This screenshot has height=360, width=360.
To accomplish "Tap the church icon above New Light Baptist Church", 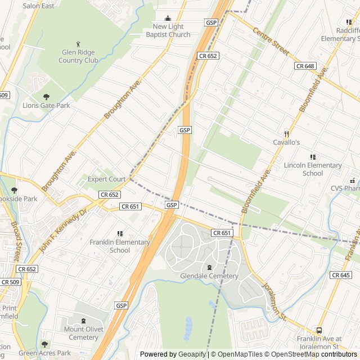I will (168, 19).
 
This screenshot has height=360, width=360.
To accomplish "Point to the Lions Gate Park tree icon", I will (46, 96).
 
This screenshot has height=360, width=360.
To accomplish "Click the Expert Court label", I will (106, 179).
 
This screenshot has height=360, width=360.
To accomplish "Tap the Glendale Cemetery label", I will (209, 276).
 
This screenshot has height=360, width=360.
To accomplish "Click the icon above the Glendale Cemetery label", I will (209, 267).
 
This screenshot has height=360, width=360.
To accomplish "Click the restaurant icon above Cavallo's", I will (286, 134).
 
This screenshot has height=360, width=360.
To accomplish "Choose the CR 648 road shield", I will (305, 66).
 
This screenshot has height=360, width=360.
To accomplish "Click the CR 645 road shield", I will (341, 275).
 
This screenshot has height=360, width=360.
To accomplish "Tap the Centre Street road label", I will (270, 42).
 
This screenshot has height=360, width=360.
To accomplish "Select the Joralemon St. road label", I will (275, 302).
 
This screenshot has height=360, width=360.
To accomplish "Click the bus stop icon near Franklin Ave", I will (319, 331).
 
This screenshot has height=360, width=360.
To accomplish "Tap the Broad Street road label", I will (16, 242).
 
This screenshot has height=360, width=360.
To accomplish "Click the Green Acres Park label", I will (45, 353).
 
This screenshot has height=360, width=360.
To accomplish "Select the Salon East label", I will (38, 6).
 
